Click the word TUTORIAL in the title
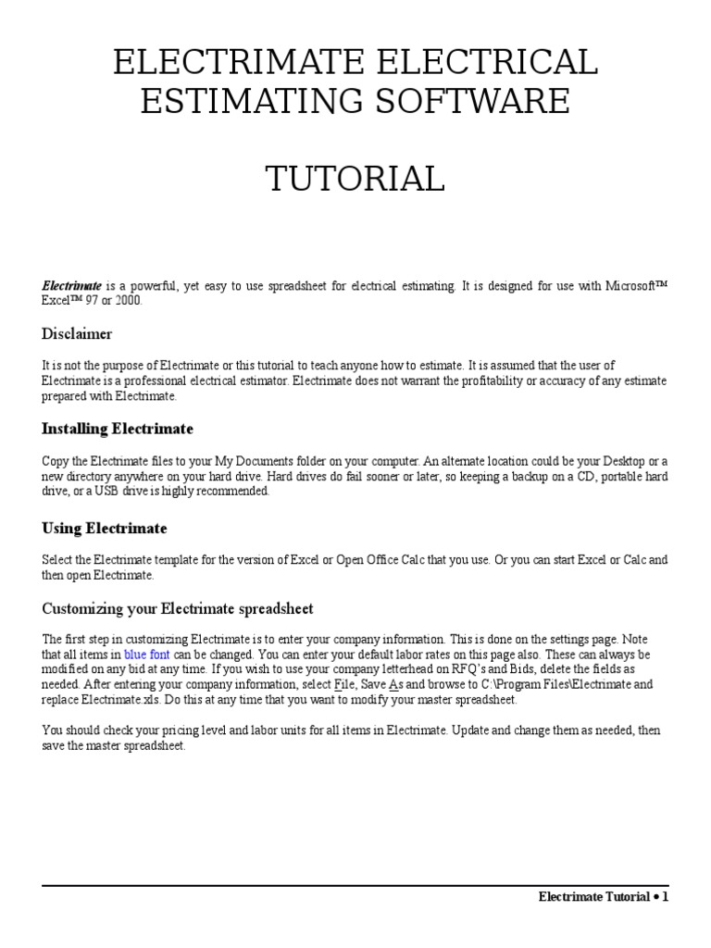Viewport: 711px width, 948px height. (x=355, y=179)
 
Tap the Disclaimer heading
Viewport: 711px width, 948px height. (x=77, y=333)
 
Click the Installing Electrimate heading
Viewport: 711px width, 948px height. (x=118, y=430)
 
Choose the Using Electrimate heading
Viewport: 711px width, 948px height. (x=105, y=529)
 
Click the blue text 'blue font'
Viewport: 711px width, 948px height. (x=147, y=655)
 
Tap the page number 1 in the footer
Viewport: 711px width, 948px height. (x=665, y=896)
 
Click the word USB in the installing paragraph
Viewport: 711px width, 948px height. (x=94, y=492)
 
